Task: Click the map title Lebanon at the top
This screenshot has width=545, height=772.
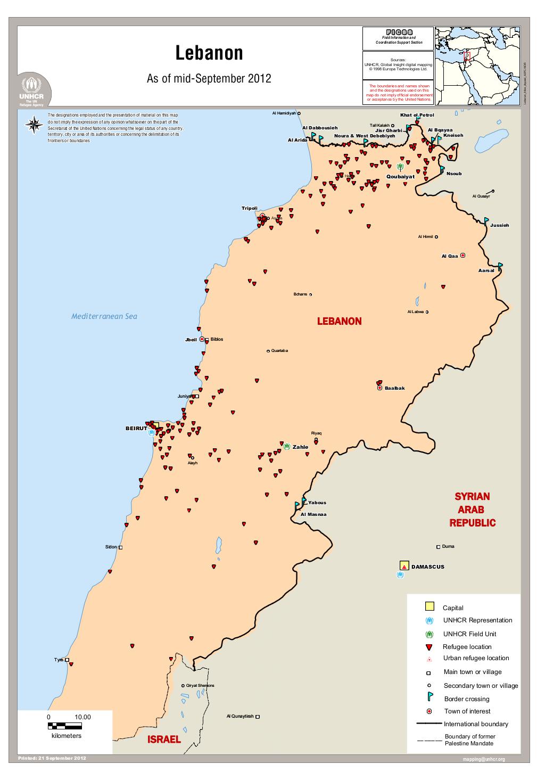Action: point(209,53)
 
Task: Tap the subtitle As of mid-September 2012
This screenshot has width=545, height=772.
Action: point(209,79)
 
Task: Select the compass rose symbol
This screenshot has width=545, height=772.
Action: point(35,125)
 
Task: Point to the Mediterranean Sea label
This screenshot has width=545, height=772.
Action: point(104,316)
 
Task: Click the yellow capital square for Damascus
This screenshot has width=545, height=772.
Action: point(404,566)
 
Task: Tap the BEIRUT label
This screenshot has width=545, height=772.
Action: point(136,428)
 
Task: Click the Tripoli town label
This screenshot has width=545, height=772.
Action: point(250,208)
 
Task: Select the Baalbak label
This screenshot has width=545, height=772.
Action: point(394,388)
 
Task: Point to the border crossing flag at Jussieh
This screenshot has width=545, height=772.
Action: point(486,220)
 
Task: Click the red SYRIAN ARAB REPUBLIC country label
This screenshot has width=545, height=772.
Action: point(472,510)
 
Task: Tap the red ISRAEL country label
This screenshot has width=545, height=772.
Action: point(164,740)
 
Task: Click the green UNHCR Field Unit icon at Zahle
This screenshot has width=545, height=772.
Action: point(287,446)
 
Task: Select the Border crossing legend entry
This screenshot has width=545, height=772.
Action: point(466,699)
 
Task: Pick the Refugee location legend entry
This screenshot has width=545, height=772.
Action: point(467,646)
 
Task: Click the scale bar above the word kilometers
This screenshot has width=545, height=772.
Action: point(65,725)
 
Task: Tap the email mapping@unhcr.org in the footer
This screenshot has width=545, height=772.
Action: point(484,759)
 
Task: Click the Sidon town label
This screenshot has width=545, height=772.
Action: point(111,547)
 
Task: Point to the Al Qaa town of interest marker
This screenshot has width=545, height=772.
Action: point(463,256)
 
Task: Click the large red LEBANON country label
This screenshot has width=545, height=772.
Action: point(339,321)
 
